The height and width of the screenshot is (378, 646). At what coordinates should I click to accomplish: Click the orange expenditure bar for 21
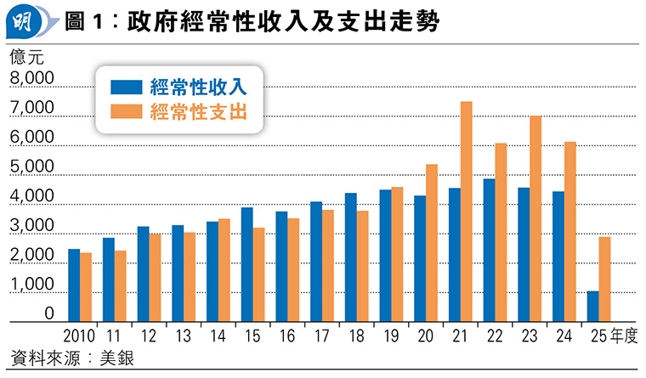click(467, 212)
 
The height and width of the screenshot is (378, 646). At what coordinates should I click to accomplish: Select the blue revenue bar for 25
click(592, 307)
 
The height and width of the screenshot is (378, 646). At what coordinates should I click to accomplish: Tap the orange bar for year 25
click(604, 279)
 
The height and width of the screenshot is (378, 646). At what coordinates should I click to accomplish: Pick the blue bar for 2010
click(74, 285)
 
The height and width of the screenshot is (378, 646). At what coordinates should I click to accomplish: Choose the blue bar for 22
click(490, 251)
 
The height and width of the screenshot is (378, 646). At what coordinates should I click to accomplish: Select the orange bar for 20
click(432, 243)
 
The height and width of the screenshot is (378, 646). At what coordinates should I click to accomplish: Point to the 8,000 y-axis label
click(31, 79)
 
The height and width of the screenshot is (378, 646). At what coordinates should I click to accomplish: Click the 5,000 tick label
click(31, 167)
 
